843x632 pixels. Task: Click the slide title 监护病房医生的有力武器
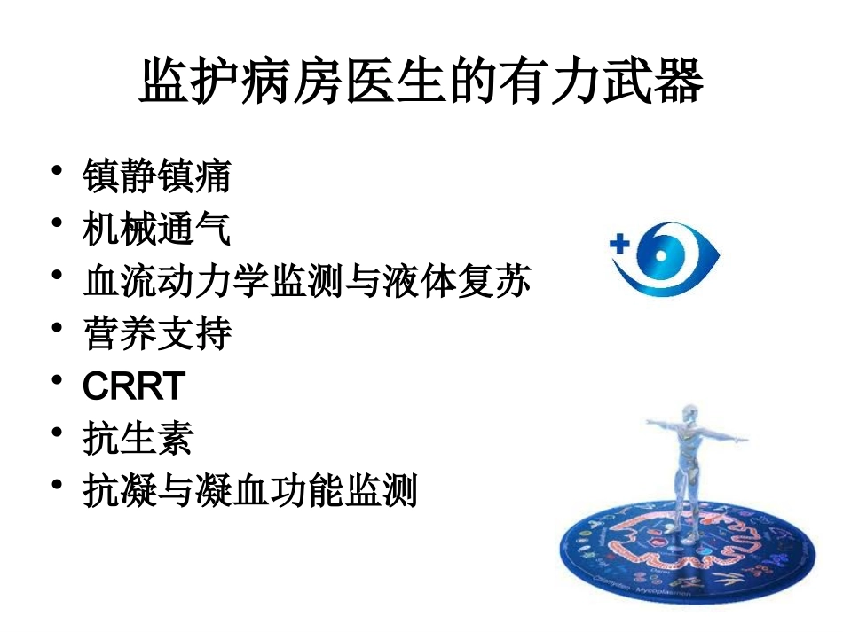point(421,82)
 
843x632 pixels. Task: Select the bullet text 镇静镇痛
point(156,176)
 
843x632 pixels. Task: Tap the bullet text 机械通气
point(156,229)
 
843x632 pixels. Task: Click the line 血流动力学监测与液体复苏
point(306,281)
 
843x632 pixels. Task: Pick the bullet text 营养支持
point(156,333)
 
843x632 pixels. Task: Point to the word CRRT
point(133,386)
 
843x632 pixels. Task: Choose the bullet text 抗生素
point(137,438)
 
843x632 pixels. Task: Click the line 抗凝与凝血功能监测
point(249,490)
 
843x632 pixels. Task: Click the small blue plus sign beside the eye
point(619,241)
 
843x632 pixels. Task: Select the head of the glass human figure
point(691,417)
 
